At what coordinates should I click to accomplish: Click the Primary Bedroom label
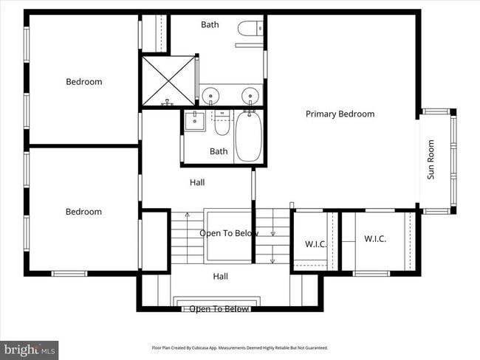[x=340, y=114]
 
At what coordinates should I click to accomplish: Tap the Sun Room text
[x=431, y=165]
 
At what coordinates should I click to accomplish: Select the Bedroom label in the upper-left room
[x=83, y=82]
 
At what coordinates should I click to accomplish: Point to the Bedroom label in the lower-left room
[x=83, y=212]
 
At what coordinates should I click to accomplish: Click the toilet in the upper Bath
[x=247, y=29]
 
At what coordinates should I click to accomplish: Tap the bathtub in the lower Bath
[x=248, y=136]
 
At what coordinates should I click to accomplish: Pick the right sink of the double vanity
[x=250, y=94]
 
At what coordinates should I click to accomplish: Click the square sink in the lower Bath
[x=195, y=120]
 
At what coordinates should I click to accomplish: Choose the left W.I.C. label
[x=315, y=244]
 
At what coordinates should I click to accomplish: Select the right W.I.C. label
[x=375, y=239]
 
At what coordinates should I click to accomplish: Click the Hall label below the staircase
[x=220, y=277]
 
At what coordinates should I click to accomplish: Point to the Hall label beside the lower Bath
[x=197, y=182]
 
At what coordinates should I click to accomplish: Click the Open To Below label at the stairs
[x=229, y=233]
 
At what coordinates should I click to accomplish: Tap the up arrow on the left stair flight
[x=188, y=215]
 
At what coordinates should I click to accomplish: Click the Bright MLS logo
[x=30, y=349]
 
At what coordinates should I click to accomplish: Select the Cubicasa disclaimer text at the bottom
[x=240, y=347]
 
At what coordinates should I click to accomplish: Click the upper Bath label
[x=210, y=24]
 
